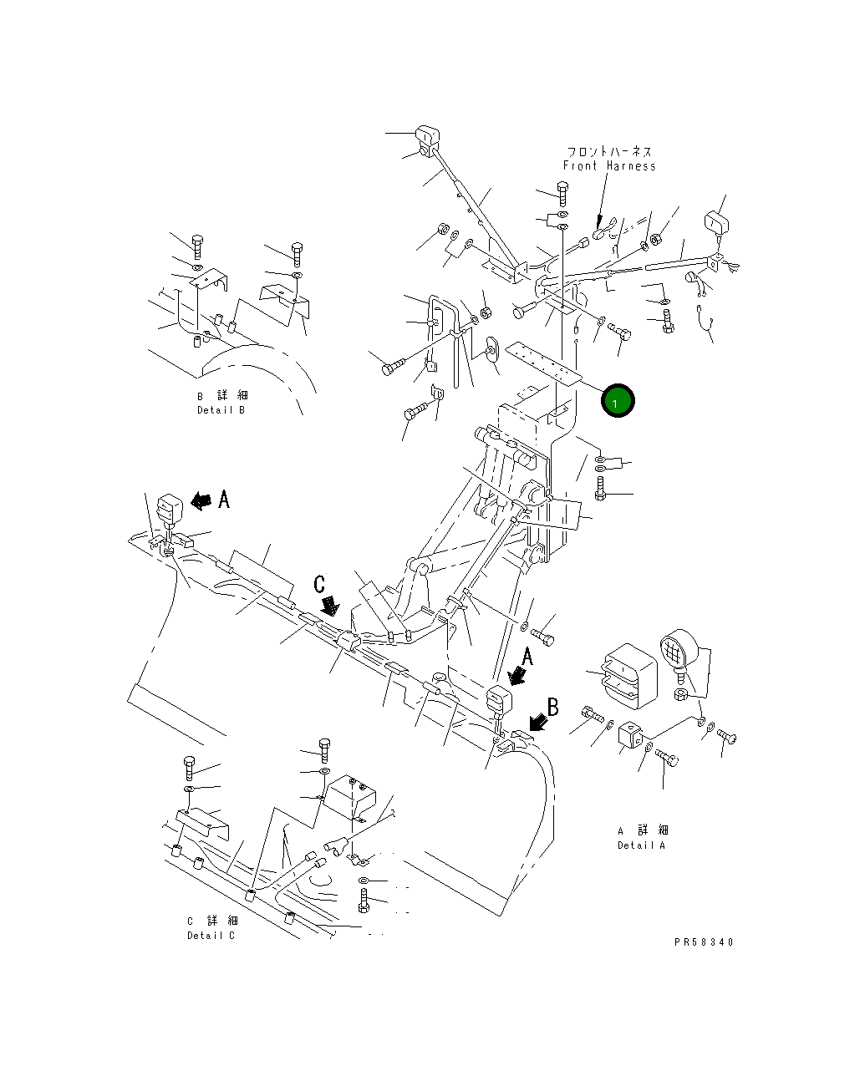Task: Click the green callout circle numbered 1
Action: (618, 402)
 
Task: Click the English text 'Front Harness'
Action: (609, 166)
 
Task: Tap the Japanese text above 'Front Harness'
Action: (609, 152)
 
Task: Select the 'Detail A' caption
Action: (642, 845)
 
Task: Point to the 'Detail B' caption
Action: (221, 410)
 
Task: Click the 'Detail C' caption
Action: (211, 936)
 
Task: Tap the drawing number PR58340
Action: (704, 942)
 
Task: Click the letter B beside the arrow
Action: (552, 708)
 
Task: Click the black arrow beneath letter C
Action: (330, 606)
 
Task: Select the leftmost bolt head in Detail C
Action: (189, 764)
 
